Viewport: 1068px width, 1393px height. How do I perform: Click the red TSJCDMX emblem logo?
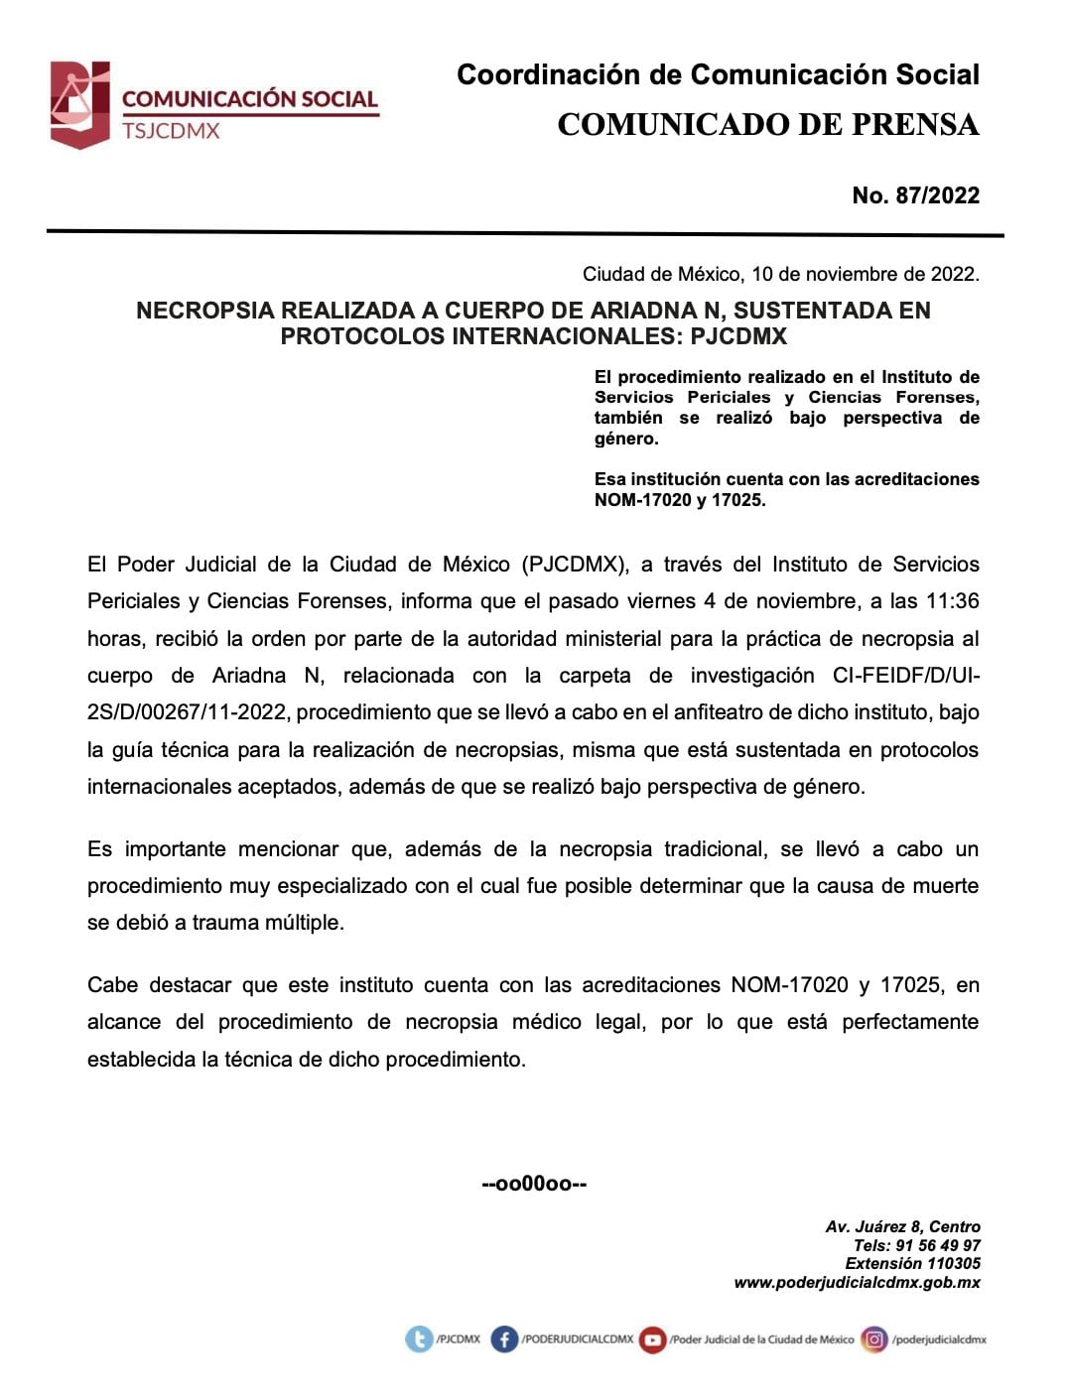point(79,104)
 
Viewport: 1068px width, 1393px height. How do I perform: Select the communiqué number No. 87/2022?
point(915,195)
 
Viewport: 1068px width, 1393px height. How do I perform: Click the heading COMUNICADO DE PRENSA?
point(767,125)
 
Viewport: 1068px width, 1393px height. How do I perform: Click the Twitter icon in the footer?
point(419,1339)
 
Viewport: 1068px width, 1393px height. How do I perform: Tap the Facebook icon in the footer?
point(504,1339)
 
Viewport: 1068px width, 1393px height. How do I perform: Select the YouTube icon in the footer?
point(652,1339)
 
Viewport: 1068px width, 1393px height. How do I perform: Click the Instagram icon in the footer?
point(874,1339)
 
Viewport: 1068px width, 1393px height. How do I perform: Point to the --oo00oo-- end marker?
point(534,1184)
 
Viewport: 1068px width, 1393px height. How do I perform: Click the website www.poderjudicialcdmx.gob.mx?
point(857,1282)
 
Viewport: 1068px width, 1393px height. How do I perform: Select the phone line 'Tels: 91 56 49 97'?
point(916,1245)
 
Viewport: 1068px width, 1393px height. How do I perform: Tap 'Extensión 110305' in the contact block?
point(912,1263)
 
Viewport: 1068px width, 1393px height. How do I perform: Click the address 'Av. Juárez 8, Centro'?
point(902,1227)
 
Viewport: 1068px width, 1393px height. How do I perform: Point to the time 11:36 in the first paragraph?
point(953,601)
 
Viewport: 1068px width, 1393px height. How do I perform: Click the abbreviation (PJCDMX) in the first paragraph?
point(575,565)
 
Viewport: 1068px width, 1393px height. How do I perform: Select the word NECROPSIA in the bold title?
point(204,311)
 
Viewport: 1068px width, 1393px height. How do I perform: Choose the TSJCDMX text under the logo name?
point(171,131)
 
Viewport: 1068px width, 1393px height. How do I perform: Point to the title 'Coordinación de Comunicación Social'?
point(718,74)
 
